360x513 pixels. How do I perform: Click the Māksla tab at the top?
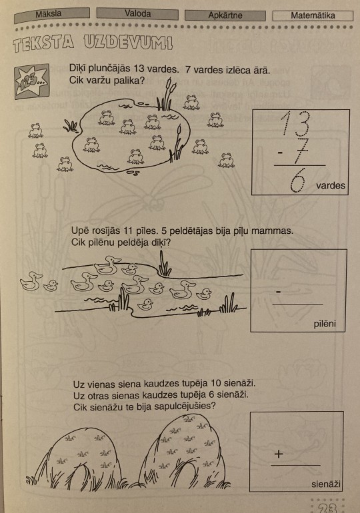tap(52, 15)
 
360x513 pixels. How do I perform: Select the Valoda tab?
tap(137, 14)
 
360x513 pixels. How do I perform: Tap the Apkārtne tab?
tap(225, 15)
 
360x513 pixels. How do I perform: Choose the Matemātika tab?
tap(313, 16)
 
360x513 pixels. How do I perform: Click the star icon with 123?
tap(32, 81)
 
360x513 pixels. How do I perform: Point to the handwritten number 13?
tap(295, 123)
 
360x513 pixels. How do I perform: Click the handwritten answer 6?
tap(298, 180)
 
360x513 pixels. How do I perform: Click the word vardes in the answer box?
tap(331, 185)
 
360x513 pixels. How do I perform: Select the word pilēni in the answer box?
tap(325, 324)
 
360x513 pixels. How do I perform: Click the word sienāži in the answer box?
tap(326, 484)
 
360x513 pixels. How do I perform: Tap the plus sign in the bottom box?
tap(279, 454)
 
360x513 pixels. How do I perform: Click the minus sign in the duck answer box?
tap(279, 292)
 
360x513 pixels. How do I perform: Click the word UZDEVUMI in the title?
tap(128, 42)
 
